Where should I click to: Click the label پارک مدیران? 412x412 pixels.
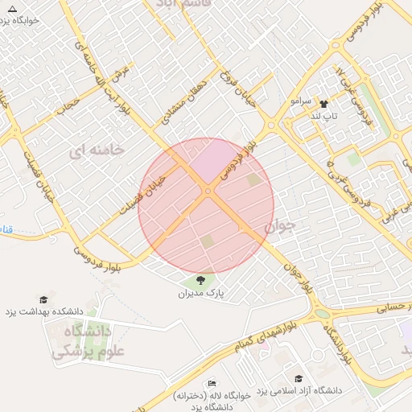pyautogui.click(x=200, y=295)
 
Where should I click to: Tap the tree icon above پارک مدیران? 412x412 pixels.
pyautogui.click(x=200, y=280)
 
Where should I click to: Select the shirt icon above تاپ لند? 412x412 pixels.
pyautogui.click(x=324, y=104)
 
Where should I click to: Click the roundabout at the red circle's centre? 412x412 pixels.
pyautogui.click(x=208, y=191)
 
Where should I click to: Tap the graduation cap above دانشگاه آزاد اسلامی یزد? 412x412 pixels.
pyautogui.click(x=299, y=378)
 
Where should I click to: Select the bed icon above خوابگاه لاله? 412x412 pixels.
pyautogui.click(x=212, y=384)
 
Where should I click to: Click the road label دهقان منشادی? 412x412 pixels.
pyautogui.click(x=180, y=105)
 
